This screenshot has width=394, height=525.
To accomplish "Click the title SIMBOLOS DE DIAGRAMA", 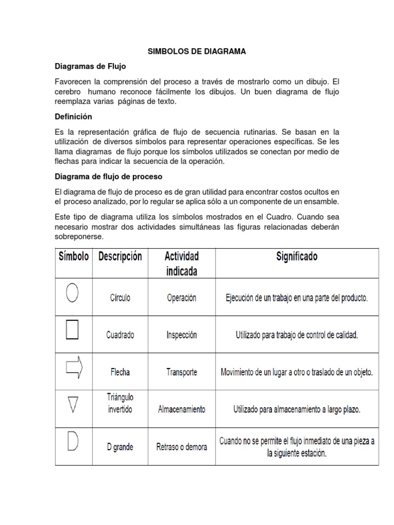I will (196, 51).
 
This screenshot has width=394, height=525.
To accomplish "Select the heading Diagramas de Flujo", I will (90, 67).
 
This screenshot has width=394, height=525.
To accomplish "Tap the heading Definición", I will (73, 117).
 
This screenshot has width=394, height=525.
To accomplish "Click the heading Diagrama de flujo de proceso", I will (108, 176).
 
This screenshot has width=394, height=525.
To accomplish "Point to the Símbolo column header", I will (74, 256).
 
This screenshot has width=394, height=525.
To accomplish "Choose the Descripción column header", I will (120, 256).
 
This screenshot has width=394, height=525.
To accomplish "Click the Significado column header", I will (297, 256).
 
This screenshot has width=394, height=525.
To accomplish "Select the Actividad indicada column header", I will (182, 263).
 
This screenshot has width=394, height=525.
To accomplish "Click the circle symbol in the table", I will (72, 294).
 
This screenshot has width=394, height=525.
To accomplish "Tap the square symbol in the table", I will (72, 330).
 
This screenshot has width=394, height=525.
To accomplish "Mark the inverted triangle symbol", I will (73, 405).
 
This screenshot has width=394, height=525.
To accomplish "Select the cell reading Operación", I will (182, 298).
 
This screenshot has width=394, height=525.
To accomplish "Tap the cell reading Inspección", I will (182, 335).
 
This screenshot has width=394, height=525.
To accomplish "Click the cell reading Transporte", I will (182, 372).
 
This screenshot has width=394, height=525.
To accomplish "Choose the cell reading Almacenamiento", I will (182, 410).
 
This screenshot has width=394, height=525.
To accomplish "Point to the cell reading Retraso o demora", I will (182, 447).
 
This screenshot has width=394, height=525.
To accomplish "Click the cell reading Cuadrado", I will (120, 335).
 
